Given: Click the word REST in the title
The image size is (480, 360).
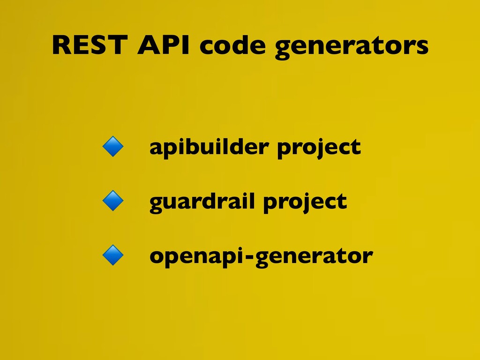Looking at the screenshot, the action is click(x=90, y=45).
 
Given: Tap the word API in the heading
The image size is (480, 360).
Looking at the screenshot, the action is click(x=164, y=45).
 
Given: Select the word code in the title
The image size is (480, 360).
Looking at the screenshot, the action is click(x=232, y=45).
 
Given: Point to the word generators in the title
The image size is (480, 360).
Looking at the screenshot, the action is click(x=352, y=46).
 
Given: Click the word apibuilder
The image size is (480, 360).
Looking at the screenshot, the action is click(x=209, y=148).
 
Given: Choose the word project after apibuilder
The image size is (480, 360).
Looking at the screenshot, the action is click(x=319, y=148).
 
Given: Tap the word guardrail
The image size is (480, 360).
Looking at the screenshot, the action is click(x=202, y=202).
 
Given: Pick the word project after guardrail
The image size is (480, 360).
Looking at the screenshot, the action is click(x=305, y=202).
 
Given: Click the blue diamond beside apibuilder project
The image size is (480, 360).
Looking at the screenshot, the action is click(x=113, y=147).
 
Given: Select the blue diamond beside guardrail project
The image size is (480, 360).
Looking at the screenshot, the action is click(x=113, y=201).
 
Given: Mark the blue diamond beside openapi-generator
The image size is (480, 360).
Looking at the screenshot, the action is click(x=113, y=255).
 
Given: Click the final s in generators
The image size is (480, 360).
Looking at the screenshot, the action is click(x=422, y=48).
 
